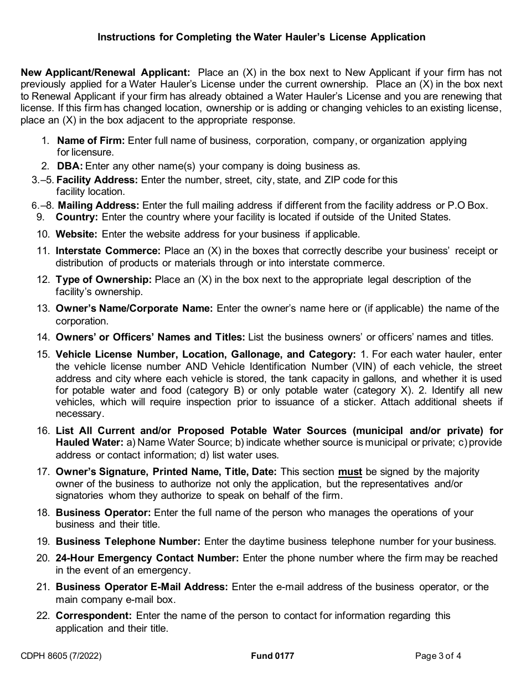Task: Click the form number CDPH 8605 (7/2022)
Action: click(x=61, y=656)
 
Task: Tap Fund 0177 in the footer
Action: click(x=272, y=656)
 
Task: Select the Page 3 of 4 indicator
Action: click(x=438, y=656)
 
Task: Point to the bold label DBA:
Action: click(x=70, y=166)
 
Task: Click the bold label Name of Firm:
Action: click(x=91, y=141)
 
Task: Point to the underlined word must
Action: click(x=350, y=472)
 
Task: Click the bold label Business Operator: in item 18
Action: click(x=103, y=513)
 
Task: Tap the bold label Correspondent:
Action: click(x=94, y=616)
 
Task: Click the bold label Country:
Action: click(x=77, y=217)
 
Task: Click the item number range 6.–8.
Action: click(x=43, y=205)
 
